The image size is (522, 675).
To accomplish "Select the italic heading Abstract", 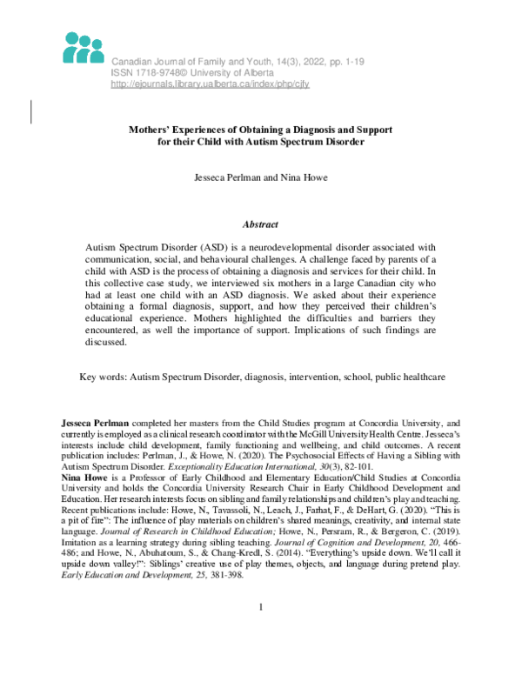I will (x=260, y=224).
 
